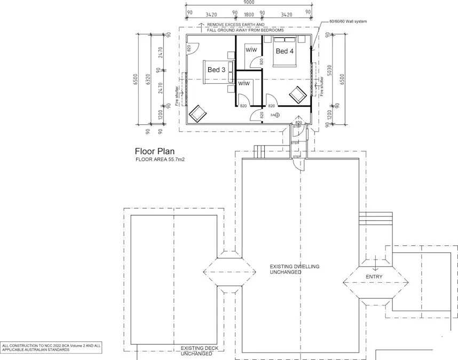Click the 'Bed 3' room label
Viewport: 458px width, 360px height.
pyautogui.click(x=216, y=70)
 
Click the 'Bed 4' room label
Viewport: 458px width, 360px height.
pyautogui.click(x=285, y=51)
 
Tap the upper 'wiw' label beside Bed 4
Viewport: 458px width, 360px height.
pyautogui.click(x=251, y=50)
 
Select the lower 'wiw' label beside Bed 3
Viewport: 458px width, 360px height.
pyautogui.click(x=244, y=84)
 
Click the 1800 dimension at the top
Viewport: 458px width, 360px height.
pyautogui.click(x=249, y=14)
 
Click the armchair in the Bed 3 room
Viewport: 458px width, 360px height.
pyautogui.click(x=197, y=113)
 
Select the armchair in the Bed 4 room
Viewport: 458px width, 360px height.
pyautogui.click(x=297, y=96)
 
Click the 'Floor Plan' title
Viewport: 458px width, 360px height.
pyautogui.click(x=154, y=151)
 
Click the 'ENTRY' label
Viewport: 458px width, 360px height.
pyautogui.click(x=374, y=276)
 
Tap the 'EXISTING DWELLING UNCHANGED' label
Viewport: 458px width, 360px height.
pyautogui.click(x=294, y=269)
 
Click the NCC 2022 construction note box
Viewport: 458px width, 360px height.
pyautogui.click(x=51, y=348)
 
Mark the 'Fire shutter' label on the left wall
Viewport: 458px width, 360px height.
pyautogui.click(x=177, y=97)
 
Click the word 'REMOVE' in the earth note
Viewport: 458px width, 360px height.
pyautogui.click(x=216, y=25)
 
